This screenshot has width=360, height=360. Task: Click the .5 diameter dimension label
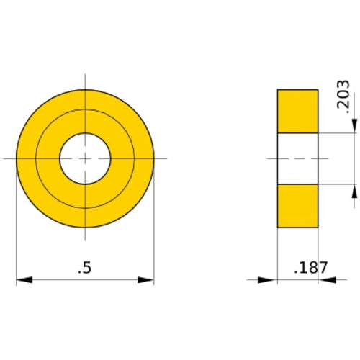tap(84, 268)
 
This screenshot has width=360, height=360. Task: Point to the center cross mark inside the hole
tap(84, 158)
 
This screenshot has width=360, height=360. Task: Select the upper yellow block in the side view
tap(297, 111)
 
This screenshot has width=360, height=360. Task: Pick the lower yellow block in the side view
tap(297, 206)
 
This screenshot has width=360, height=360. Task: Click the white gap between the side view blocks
tap(297, 158)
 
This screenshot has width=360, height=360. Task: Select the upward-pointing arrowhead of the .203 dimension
tap(354, 192)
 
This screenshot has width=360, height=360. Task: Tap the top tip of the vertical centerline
tap(85, 74)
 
